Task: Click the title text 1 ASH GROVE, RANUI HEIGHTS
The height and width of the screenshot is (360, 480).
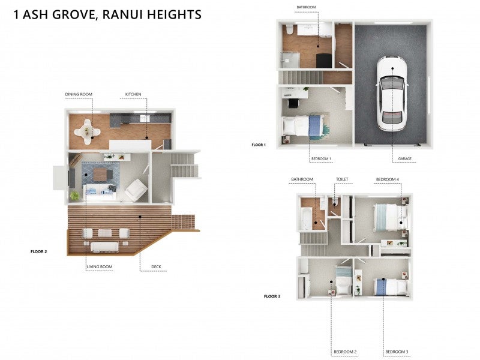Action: pyautogui.click(x=107, y=14)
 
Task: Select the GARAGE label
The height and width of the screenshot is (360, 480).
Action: pyautogui.click(x=404, y=159)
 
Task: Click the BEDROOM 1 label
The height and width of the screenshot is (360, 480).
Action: pyautogui.click(x=321, y=159)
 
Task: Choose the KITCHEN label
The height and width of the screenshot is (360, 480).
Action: pyautogui.click(x=133, y=94)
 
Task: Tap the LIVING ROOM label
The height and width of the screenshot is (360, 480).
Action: pyautogui.click(x=100, y=267)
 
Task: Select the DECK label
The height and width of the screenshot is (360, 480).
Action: pyautogui.click(x=156, y=267)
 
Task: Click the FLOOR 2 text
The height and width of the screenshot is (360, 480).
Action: pyautogui.click(x=38, y=251)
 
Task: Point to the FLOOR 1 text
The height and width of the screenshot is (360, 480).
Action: pyautogui.click(x=258, y=145)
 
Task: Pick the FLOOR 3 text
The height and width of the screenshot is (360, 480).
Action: pyautogui.click(x=272, y=296)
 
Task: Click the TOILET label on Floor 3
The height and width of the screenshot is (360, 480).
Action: pyautogui.click(x=342, y=179)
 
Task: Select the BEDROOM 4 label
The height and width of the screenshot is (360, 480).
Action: pyautogui.click(x=388, y=179)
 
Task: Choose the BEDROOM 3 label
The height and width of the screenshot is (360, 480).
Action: pyautogui.click(x=397, y=352)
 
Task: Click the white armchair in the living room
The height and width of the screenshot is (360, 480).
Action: pyautogui.click(x=136, y=190)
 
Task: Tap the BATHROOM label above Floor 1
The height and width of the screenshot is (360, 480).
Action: pyautogui.click(x=305, y=7)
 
